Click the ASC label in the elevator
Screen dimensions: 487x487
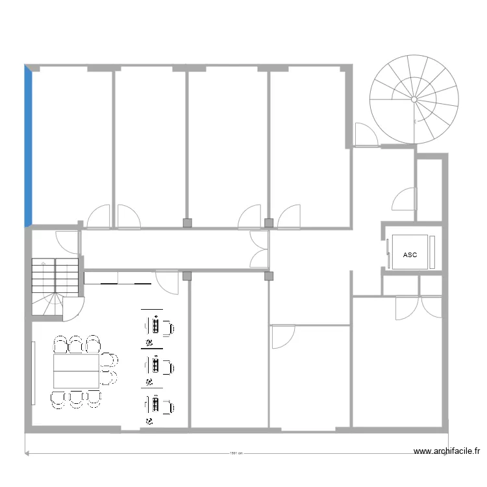click(410, 255)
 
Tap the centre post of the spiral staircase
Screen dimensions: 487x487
click(414, 99)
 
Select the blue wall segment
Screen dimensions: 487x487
click(28, 146)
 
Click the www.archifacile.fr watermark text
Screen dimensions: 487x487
click(448, 451)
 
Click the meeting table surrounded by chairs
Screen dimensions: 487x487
click(76, 371)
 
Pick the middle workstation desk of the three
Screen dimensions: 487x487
click(156, 366)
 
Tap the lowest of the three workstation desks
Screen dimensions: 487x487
click(156, 405)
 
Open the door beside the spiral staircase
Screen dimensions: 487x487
click(364, 135)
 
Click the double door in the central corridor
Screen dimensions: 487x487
click(260, 249)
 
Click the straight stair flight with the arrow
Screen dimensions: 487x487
click(55, 276)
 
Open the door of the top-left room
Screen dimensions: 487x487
click(99, 217)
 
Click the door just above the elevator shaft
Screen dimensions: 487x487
click(404, 199)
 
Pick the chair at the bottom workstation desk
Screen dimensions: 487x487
click(167, 406)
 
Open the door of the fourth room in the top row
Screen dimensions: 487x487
click(289, 216)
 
